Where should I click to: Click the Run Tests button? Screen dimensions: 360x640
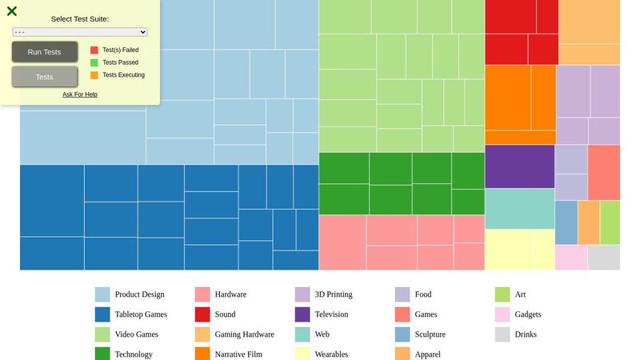point(45,52)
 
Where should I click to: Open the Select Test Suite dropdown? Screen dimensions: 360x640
point(80,32)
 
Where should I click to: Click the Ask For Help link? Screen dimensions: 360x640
point(80,94)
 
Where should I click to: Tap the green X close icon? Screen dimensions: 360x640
point(12,11)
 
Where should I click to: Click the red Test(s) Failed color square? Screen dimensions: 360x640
point(94,50)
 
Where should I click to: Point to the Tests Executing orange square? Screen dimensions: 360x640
point(94,75)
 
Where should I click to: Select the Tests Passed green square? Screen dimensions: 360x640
point(94,62)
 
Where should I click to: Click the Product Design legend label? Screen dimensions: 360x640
point(140,294)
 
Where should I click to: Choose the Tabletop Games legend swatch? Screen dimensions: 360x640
point(102,314)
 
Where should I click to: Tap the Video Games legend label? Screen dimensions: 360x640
point(136,334)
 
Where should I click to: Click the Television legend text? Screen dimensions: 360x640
point(331,314)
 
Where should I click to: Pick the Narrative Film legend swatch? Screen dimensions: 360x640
point(202,354)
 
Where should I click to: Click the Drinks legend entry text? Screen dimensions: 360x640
point(526,334)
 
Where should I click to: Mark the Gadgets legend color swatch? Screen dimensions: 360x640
point(502,314)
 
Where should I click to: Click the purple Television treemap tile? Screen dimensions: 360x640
point(519,166)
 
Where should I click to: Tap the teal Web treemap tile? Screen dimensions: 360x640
point(519,209)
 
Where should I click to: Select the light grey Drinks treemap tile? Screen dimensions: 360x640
point(603,258)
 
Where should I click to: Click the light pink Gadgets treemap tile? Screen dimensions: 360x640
point(571,258)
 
